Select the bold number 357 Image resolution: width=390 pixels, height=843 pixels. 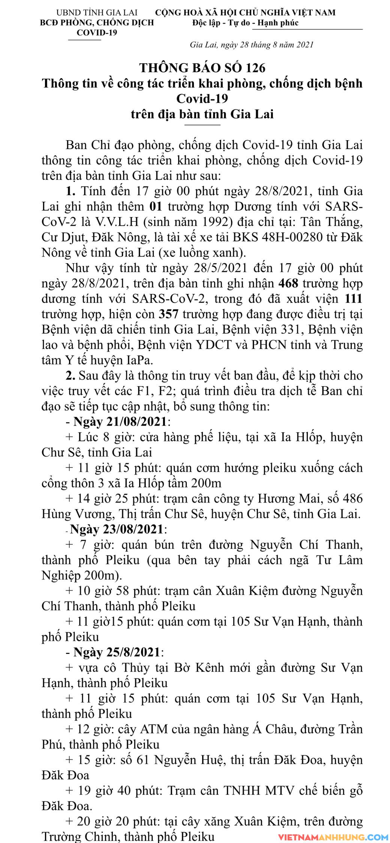pyautogui.click(x=169, y=314)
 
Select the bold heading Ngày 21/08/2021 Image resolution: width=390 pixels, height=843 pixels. pyautogui.click(x=120, y=421)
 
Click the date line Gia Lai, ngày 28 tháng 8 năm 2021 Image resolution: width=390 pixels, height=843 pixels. pyautogui.click(x=252, y=45)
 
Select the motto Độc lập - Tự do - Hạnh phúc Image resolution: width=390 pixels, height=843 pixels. pyautogui.click(x=245, y=23)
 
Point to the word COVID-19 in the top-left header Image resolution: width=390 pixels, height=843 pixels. pyautogui.click(x=97, y=33)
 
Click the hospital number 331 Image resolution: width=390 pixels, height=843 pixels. pyautogui.click(x=292, y=329)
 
